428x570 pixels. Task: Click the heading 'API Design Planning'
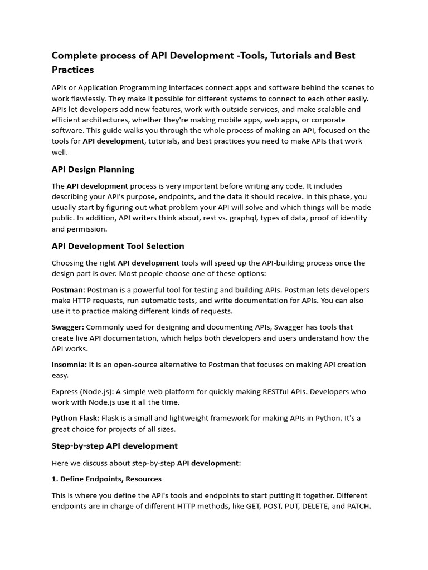93,169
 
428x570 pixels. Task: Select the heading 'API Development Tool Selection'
118,246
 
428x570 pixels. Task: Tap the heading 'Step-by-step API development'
115,446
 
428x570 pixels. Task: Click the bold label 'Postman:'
69,290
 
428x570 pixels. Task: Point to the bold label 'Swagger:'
68,327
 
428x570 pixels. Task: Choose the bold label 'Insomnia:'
69,365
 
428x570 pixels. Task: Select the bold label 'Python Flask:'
76,418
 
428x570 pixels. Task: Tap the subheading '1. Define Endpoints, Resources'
106,479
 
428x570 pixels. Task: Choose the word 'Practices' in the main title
73,70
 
